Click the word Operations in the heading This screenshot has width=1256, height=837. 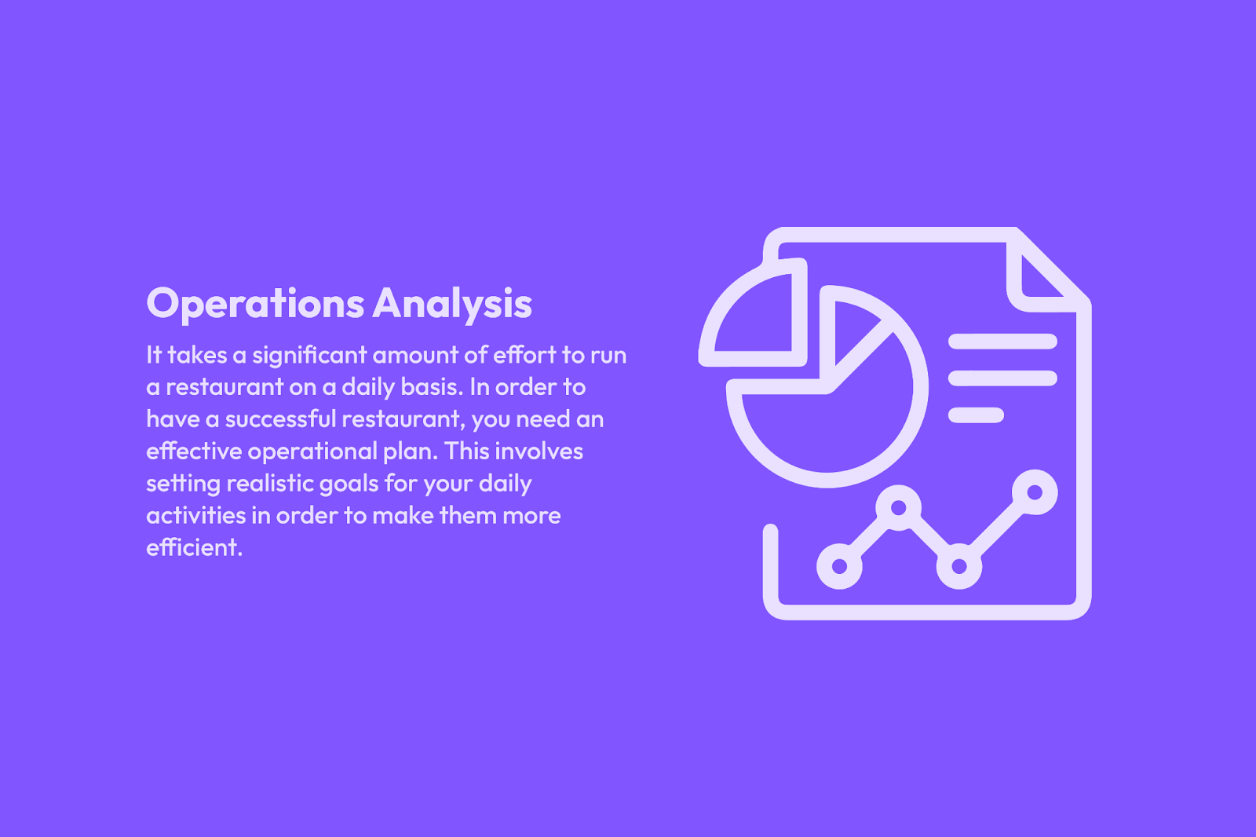pos(255,304)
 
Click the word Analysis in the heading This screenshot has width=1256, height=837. pos(452,304)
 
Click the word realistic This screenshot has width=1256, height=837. pos(269,484)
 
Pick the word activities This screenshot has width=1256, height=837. pos(195,516)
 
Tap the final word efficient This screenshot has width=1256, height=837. pos(194,547)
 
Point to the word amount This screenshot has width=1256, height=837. pos(415,356)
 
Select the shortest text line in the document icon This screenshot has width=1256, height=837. pos(976,415)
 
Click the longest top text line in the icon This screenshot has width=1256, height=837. pos(1002,341)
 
